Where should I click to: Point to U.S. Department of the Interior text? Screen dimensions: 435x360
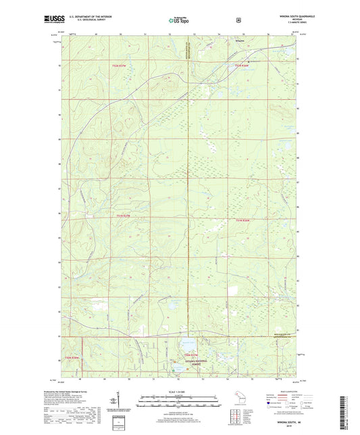click(x=96, y=18)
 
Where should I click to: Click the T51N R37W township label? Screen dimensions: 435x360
click(x=120, y=215)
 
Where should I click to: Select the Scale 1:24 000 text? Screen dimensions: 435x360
click(x=180, y=392)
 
